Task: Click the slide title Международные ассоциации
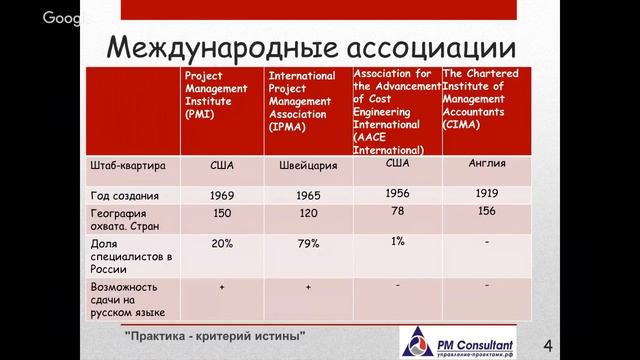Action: [x=313, y=47]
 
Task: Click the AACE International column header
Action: [x=396, y=110]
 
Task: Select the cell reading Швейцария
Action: [x=308, y=167]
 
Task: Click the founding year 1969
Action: [x=223, y=194]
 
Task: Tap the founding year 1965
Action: [x=308, y=194]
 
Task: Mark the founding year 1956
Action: [x=397, y=192]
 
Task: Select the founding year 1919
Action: [x=486, y=192]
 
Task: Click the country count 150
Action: [x=223, y=214]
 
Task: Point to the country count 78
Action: [x=397, y=212]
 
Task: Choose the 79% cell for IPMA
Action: [x=308, y=243]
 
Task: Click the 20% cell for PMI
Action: [x=223, y=243]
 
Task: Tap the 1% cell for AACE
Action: [x=397, y=241]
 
